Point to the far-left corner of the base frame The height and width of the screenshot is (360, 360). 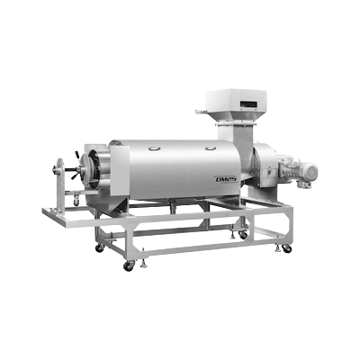[43, 212]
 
